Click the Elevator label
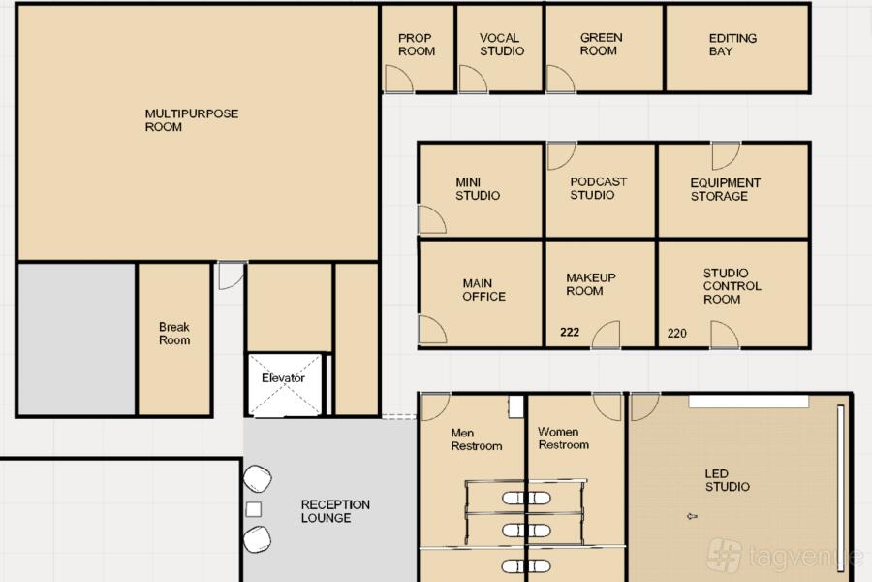point(283,377)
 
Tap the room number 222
point(570,332)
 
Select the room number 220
point(677,333)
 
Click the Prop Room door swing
point(398,79)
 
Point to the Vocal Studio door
point(473,79)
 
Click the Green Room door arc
point(560,79)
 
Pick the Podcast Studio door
point(561,156)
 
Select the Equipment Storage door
point(726,155)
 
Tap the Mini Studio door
point(432,219)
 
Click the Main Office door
point(432,330)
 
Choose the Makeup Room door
point(606,335)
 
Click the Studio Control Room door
point(725,335)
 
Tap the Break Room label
point(174,334)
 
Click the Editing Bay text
point(732,45)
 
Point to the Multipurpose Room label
point(191,120)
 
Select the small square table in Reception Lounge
point(254,509)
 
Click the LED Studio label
point(727,480)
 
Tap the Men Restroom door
point(435,407)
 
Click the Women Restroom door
point(607,406)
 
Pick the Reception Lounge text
point(335,511)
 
